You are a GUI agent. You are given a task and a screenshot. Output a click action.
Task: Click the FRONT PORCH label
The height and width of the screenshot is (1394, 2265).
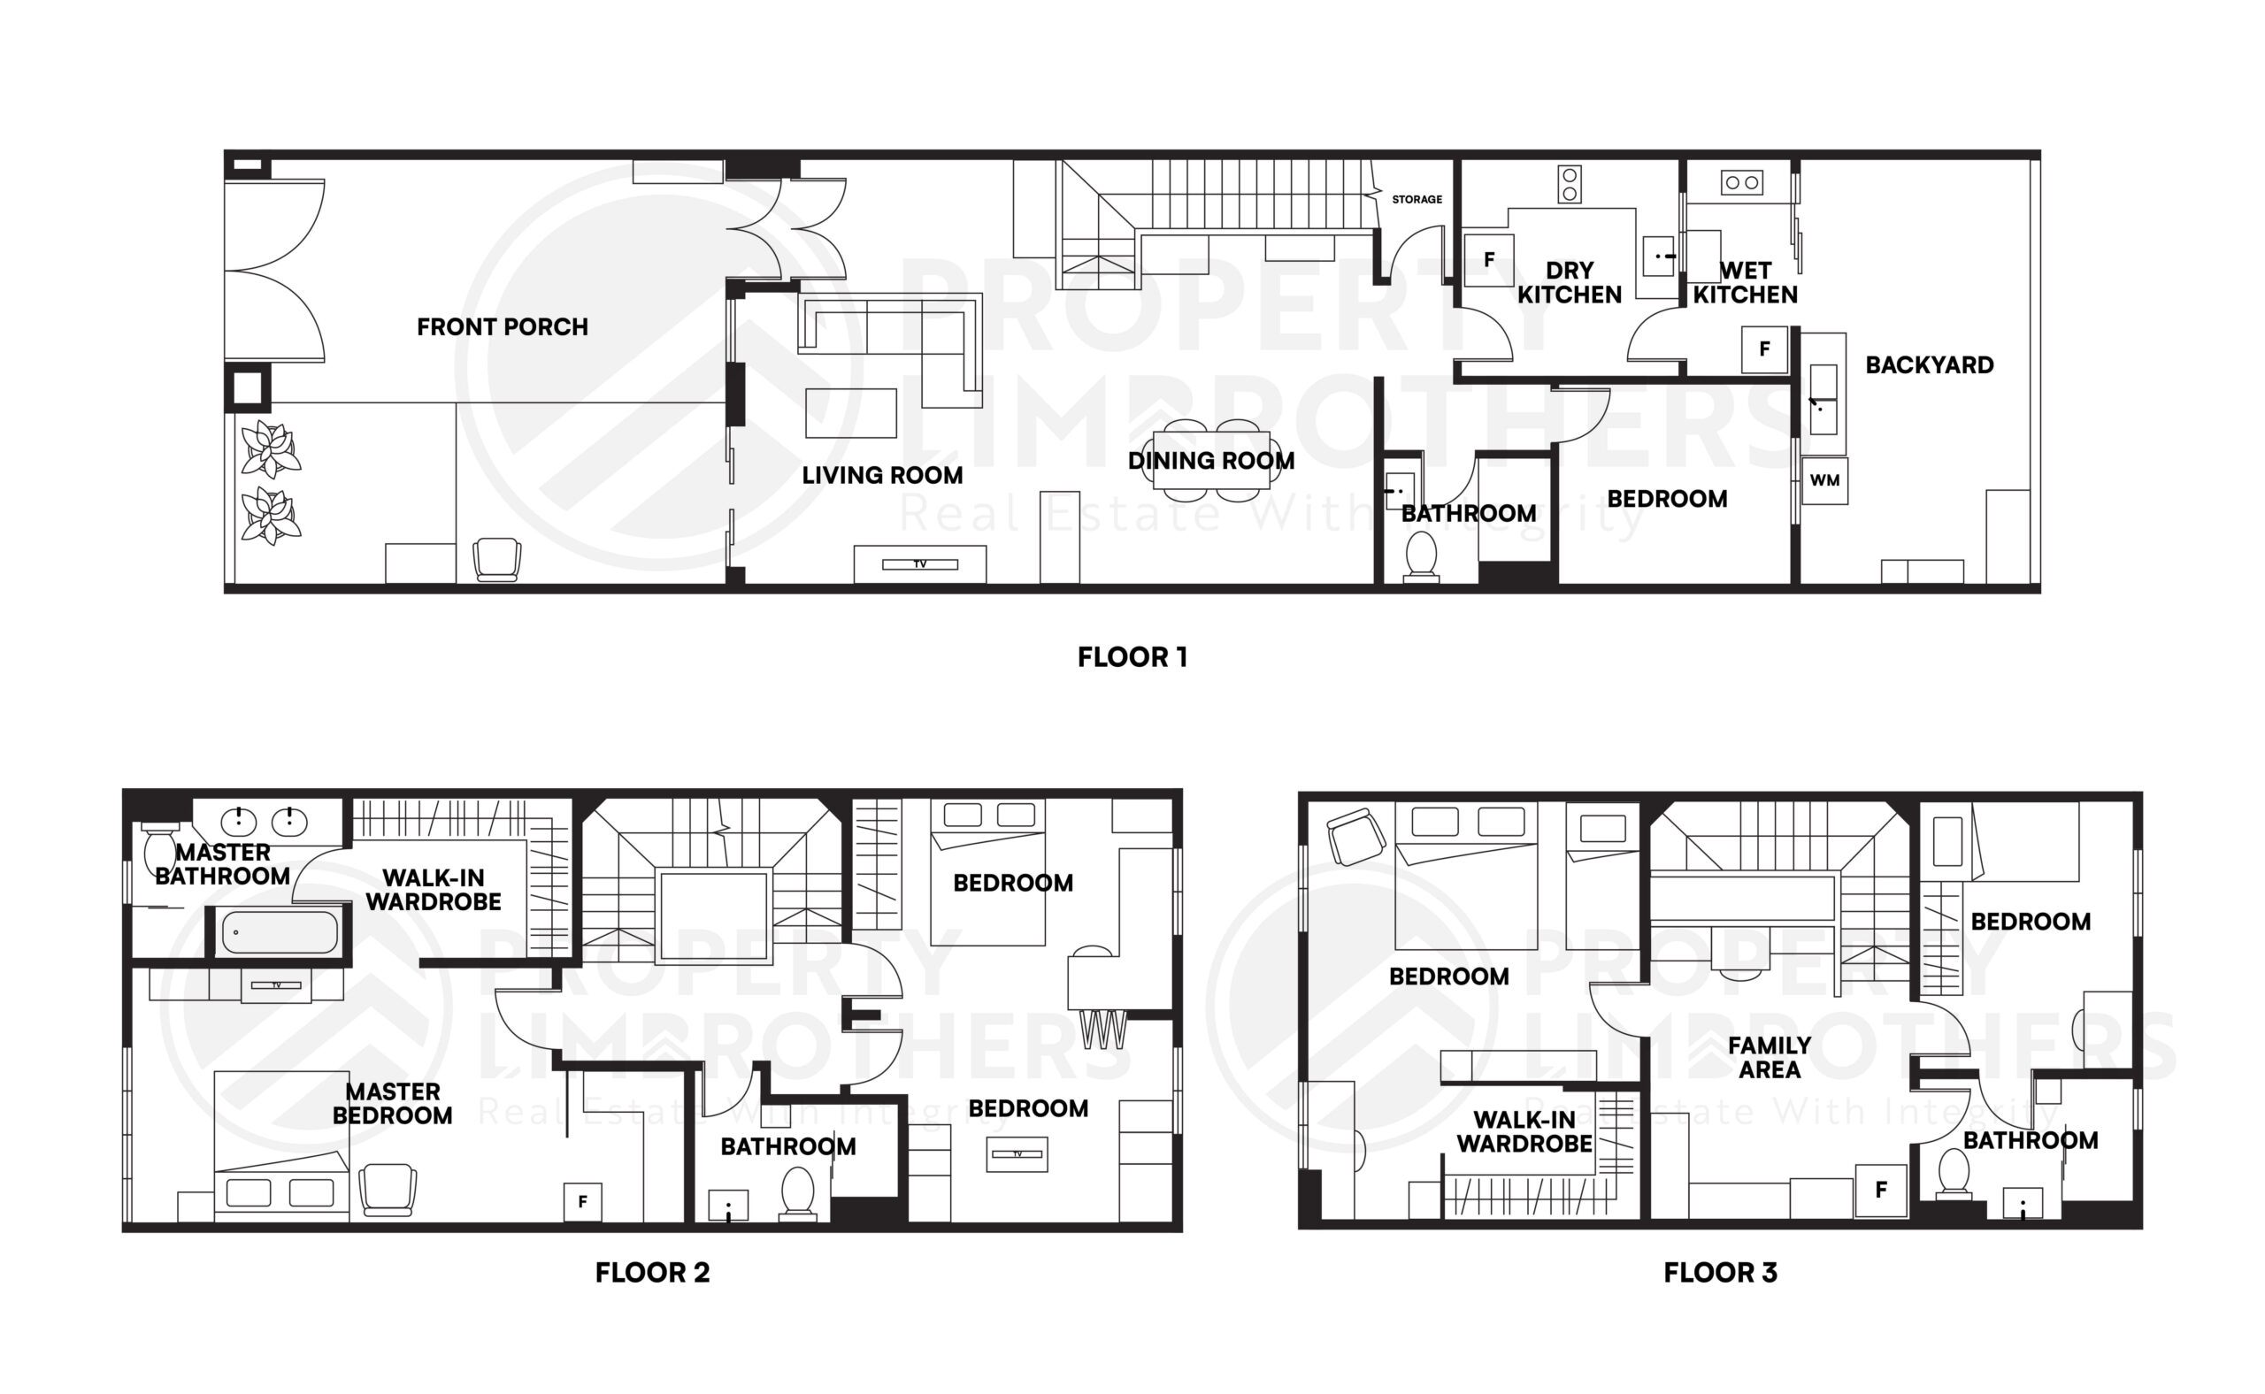[x=502, y=327]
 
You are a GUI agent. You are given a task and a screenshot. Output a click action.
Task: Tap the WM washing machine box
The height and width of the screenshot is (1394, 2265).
[x=1824, y=480]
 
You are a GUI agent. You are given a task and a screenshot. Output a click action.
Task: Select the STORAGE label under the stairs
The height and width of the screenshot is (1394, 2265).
[x=1417, y=199]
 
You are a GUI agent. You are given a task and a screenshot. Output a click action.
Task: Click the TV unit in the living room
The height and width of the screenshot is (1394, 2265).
[x=919, y=564]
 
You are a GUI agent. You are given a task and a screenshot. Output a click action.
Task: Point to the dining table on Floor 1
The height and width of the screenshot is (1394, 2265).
[x=1210, y=461]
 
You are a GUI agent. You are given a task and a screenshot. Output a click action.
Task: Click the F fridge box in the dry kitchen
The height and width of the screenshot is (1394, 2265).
[x=1488, y=261]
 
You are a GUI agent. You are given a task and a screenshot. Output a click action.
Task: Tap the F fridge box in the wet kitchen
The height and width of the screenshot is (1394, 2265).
[x=1764, y=349]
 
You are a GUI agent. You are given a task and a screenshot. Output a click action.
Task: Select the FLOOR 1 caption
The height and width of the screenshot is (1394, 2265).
[x=1132, y=657]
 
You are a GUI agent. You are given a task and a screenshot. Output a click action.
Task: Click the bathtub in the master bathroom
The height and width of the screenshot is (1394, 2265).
[x=280, y=932]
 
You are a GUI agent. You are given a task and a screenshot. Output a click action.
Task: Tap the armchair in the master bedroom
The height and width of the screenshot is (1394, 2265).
[x=388, y=1190]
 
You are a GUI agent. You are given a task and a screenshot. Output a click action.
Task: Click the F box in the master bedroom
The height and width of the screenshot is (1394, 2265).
[x=582, y=1202]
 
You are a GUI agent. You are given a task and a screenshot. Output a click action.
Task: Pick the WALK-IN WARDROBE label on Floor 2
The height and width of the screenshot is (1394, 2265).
[x=434, y=890]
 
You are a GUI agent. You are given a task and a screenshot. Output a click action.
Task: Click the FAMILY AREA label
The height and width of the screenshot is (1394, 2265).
[x=1769, y=1058]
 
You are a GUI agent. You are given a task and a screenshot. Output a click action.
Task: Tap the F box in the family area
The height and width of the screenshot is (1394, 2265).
[x=1880, y=1191]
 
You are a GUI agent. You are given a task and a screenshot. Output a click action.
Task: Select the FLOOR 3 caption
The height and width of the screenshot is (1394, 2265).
[x=1720, y=1272]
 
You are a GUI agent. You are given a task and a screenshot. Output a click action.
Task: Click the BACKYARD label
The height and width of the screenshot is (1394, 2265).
[x=1930, y=365]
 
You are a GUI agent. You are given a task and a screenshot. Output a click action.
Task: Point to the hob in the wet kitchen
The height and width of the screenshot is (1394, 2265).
[x=1741, y=182]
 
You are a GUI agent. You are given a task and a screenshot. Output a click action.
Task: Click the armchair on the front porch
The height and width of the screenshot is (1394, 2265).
[x=496, y=560]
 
